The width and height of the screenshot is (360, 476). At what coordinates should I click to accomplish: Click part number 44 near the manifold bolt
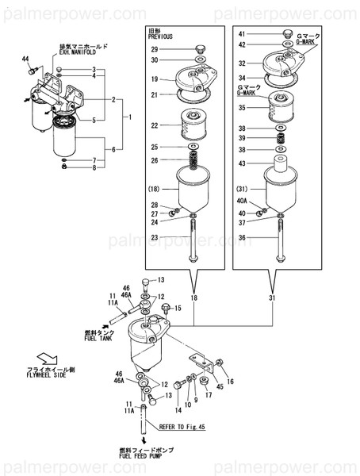click(25, 60)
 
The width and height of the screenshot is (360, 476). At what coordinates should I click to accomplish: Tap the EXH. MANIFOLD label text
click(74, 55)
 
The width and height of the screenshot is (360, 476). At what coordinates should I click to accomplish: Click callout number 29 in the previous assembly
click(155, 50)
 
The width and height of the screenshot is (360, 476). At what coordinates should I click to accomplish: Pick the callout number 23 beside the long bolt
click(155, 237)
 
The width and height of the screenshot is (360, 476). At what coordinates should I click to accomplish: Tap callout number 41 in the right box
click(243, 34)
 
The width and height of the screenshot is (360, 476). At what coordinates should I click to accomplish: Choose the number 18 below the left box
click(193, 298)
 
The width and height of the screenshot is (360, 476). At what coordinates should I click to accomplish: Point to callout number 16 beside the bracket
click(230, 382)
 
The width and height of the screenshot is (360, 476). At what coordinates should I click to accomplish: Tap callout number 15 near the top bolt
click(178, 308)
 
